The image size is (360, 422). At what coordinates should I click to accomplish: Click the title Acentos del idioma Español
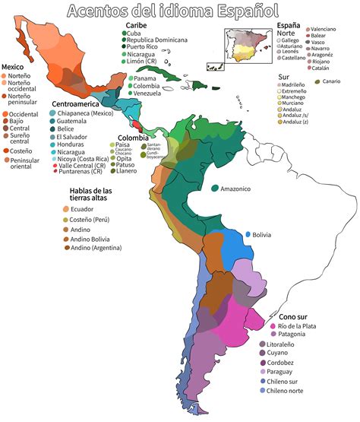tap(172, 11)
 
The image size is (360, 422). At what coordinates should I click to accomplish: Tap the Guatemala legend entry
tap(73, 122)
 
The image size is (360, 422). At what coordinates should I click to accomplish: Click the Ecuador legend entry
tap(87, 209)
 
